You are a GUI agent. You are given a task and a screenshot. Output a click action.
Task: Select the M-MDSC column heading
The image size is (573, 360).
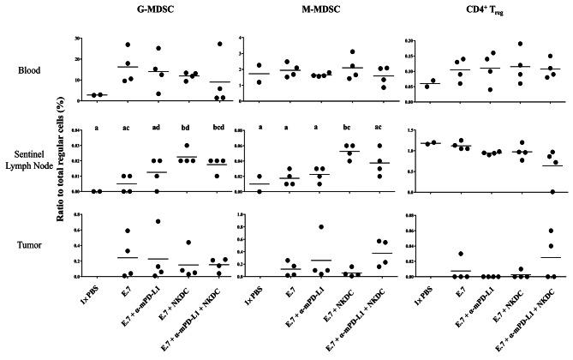(x=312, y=11)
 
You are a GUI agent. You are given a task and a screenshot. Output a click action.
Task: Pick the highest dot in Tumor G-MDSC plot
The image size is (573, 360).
(x=158, y=221)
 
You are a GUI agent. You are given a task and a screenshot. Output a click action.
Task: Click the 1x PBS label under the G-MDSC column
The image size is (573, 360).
(x=103, y=296)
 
